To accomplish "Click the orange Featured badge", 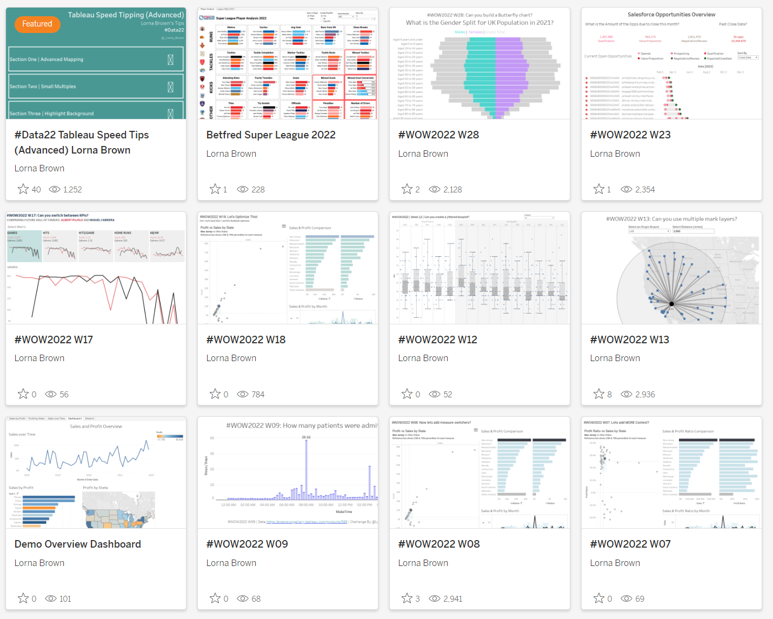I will tap(37, 24).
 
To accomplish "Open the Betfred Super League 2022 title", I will tap(271, 135).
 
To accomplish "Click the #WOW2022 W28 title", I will tap(438, 135).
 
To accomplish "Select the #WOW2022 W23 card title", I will tap(630, 135).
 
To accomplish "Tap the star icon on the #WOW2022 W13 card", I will tap(599, 394).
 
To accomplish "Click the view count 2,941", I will tap(453, 599).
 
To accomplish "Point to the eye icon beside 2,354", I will tap(627, 190).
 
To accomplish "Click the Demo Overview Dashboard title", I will tap(78, 544).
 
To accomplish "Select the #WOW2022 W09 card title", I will tap(247, 544).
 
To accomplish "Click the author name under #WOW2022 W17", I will tap(39, 358).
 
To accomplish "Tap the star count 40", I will tap(36, 190).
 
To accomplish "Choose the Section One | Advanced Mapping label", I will tap(46, 59).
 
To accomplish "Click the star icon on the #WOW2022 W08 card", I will tap(407, 598).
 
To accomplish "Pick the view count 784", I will tap(258, 395).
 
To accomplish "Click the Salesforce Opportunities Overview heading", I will tap(671, 15).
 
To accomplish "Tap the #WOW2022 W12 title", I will tap(438, 340).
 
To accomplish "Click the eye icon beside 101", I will tap(51, 599).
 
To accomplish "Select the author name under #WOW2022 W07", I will tap(615, 563).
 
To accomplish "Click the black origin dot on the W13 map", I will tap(672, 304).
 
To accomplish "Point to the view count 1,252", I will tap(72, 190).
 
